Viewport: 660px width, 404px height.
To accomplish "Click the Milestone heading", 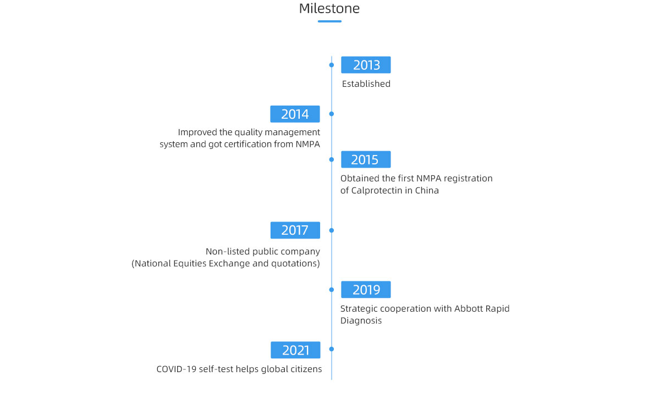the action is pos(329,8).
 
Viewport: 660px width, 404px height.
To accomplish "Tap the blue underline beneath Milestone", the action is pos(329,21).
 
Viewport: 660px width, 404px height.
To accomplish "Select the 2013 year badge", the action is pos(366,65).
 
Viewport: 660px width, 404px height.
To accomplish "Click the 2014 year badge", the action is pos(295,114).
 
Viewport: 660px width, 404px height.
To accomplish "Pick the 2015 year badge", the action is pos(366,159).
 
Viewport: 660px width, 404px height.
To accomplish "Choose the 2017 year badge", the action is pos(295,230).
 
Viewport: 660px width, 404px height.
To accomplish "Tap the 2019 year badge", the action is pos(366,290).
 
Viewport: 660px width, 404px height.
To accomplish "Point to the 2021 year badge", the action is pos(295,350).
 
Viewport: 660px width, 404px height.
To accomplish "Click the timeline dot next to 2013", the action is pos(332,65).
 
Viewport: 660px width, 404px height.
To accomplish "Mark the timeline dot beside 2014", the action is pos(332,114).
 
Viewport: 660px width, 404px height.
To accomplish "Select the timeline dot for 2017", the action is pos(332,230).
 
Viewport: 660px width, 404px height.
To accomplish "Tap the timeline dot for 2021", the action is pos(332,349).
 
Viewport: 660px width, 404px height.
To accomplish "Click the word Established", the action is pos(366,84).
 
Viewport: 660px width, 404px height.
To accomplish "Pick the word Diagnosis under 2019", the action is pos(361,320).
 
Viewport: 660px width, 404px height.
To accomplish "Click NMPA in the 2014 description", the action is pos(308,144).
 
